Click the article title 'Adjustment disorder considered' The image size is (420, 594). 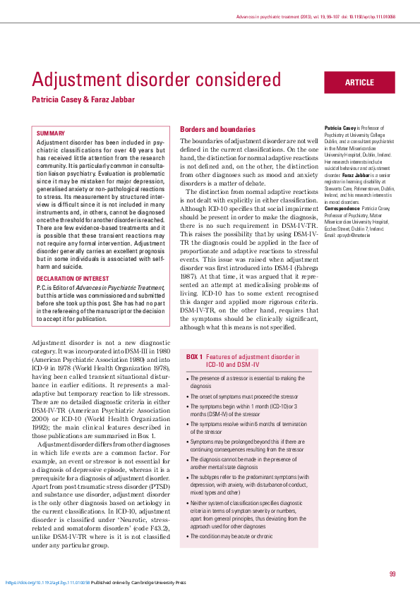(157, 79)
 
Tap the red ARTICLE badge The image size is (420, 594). (359, 83)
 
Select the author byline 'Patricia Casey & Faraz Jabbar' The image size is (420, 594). (83, 100)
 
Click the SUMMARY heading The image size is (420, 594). (51, 133)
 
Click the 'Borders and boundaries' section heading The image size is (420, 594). (217, 130)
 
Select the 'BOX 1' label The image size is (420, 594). (195, 358)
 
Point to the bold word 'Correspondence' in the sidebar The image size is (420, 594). (342, 210)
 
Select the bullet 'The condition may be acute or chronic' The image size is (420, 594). (232, 537)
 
